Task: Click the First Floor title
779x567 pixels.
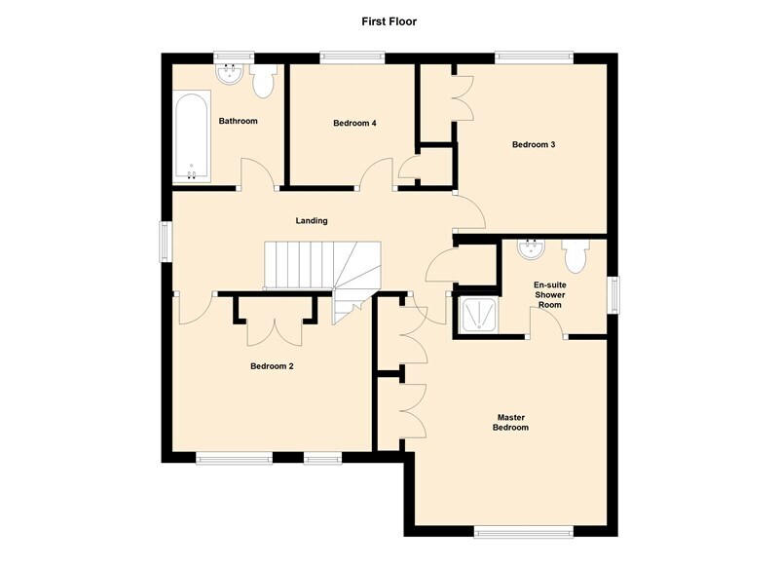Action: (389, 21)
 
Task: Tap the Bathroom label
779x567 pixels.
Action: (238, 121)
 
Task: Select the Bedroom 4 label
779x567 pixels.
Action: (354, 123)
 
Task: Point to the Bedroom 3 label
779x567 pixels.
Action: (534, 144)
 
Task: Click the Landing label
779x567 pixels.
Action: (312, 220)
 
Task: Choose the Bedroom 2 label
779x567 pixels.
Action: (272, 366)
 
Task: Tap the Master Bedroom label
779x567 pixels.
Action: (510, 423)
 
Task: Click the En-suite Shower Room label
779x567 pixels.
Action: (550, 294)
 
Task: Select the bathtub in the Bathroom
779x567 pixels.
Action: (191, 136)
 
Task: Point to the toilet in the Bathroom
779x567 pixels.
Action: (263, 81)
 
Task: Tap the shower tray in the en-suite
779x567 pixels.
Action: (478, 315)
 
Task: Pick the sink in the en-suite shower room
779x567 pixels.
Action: (531, 249)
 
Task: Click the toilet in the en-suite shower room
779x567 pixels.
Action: (575, 256)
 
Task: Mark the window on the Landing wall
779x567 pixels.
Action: (166, 242)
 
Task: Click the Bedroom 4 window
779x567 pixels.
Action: (352, 58)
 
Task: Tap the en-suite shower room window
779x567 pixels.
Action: (613, 294)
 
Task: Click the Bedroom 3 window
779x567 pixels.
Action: (534, 58)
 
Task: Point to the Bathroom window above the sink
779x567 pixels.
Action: (234, 58)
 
